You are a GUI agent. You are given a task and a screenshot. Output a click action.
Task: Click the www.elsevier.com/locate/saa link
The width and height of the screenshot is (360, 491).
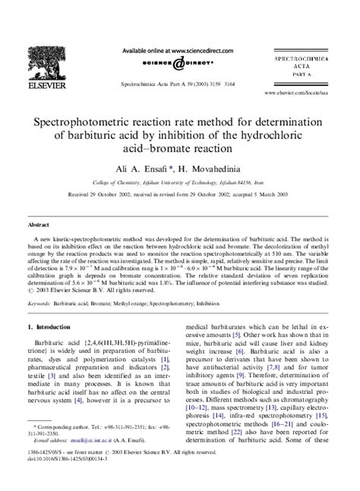click(302, 93)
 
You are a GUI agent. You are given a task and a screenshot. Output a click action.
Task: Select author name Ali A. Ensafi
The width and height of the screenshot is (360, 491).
click(135, 170)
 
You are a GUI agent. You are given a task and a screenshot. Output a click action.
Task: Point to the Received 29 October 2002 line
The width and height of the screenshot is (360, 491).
click(179, 195)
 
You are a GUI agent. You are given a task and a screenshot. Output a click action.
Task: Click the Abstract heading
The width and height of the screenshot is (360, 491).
click(39, 225)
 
